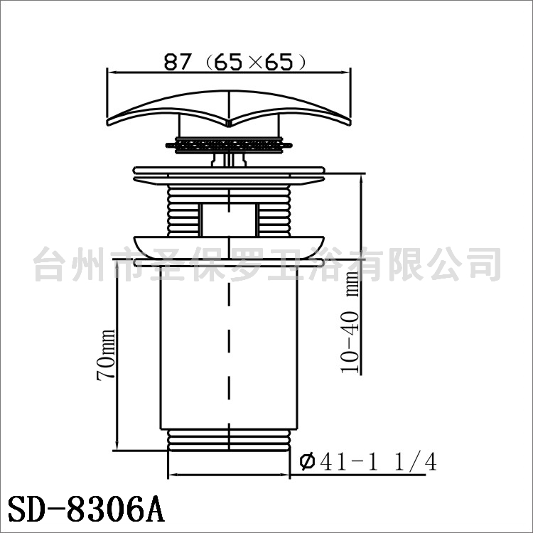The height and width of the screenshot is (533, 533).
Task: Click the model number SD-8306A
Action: pos(86,509)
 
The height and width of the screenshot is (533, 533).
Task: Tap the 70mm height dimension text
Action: pos(107,355)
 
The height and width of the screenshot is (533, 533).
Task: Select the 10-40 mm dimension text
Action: pos(350,322)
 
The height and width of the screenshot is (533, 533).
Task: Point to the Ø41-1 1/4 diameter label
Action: pos(368,462)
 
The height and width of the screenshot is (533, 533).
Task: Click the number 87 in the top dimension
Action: pos(178,62)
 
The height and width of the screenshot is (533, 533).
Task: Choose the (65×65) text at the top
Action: pos(256,62)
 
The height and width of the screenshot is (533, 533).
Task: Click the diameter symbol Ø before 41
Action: pos(308,462)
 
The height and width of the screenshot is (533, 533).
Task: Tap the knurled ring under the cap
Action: pos(229,146)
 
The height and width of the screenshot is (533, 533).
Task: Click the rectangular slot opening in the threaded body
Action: pos(229,220)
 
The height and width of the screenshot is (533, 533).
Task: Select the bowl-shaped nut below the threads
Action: pos(229,247)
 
